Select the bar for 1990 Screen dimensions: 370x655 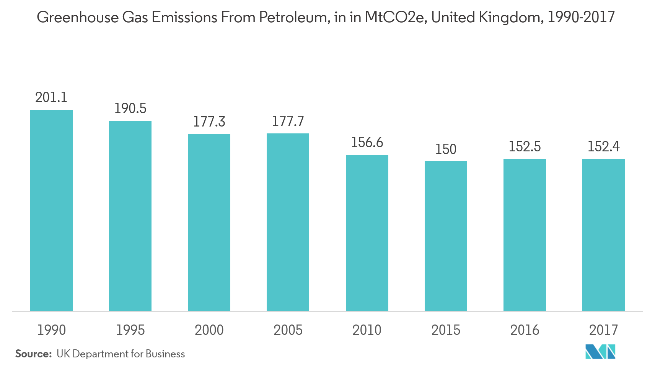click(51, 211)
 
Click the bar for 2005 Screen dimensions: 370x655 click(288, 222)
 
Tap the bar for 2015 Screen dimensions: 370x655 click(446, 236)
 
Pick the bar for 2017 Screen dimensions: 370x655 click(603, 235)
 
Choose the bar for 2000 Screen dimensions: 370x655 click(209, 222)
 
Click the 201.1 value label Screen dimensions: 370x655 click(51, 97)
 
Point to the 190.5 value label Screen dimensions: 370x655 click(130, 109)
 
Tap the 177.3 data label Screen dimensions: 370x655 click(209, 122)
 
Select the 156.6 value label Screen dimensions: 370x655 click(367, 143)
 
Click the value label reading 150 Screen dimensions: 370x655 click(446, 149)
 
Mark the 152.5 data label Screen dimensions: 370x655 click(525, 147)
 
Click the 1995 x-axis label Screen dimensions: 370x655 click(130, 330)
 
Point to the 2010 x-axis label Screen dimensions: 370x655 click(367, 330)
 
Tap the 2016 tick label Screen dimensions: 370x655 click(525, 330)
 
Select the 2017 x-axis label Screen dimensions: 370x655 click(603, 330)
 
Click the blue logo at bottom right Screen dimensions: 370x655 click(600, 352)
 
